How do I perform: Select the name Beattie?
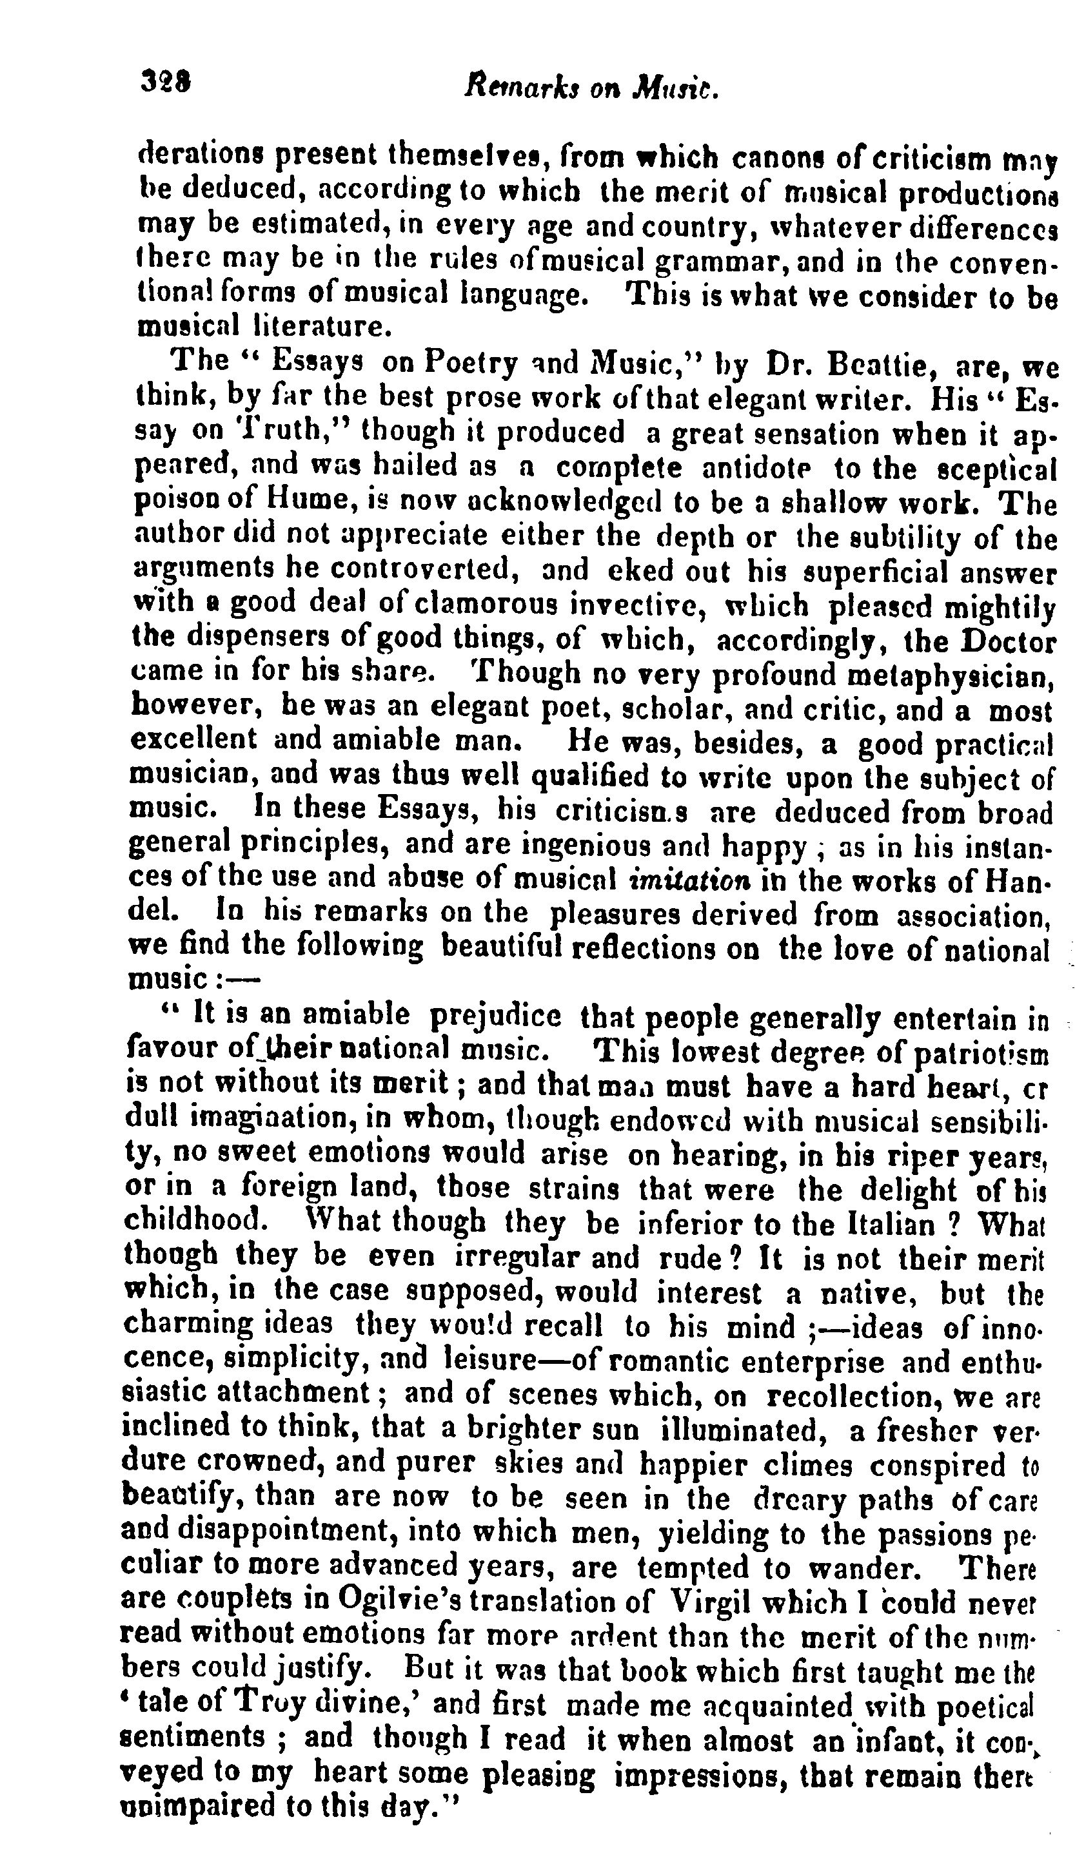[x=885, y=365]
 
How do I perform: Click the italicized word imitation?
[x=689, y=880]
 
